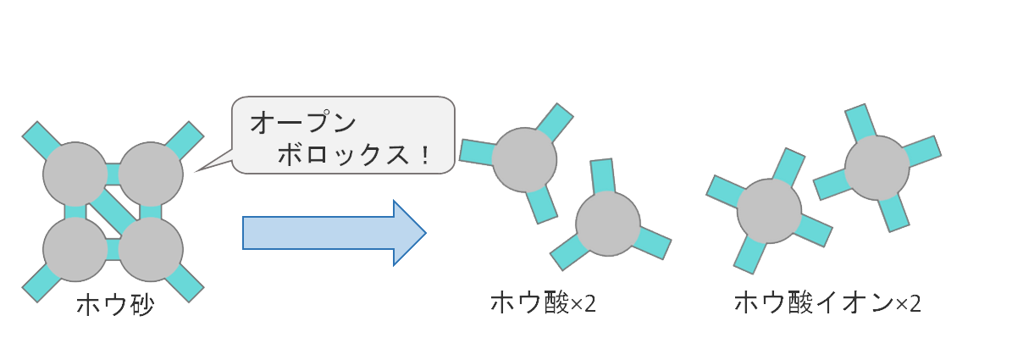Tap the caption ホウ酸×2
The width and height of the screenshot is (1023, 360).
tap(544, 303)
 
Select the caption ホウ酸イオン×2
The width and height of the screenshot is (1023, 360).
tap(827, 303)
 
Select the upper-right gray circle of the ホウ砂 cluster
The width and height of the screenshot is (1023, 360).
tap(151, 174)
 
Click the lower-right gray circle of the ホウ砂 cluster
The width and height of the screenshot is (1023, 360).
tap(151, 250)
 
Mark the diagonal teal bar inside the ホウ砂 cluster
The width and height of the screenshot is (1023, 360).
tap(113, 212)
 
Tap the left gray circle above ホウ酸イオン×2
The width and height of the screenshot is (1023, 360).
tap(769, 210)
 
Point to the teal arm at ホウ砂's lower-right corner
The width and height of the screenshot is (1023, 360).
tap(187, 286)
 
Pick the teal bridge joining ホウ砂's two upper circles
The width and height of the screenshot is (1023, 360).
tap(113, 174)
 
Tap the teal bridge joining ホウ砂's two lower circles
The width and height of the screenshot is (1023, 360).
tap(113, 251)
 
